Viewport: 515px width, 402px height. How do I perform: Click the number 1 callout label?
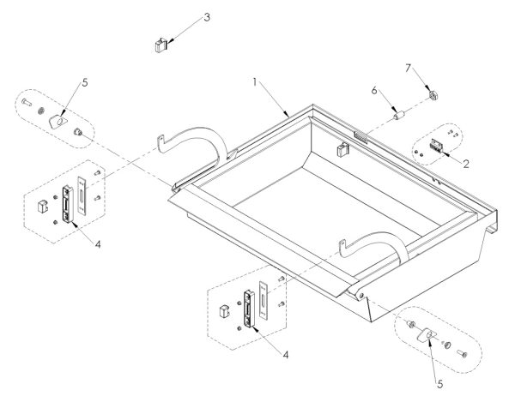255,83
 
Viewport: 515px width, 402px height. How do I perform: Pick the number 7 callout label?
409,66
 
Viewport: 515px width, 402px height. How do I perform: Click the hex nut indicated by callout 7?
434,93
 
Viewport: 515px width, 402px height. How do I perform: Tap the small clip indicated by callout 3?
159,44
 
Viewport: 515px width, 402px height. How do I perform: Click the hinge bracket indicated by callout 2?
440,147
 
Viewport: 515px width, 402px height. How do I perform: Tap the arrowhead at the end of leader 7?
432,90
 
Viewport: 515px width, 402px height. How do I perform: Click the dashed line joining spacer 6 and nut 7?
416,104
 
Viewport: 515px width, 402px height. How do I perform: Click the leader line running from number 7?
421,79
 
